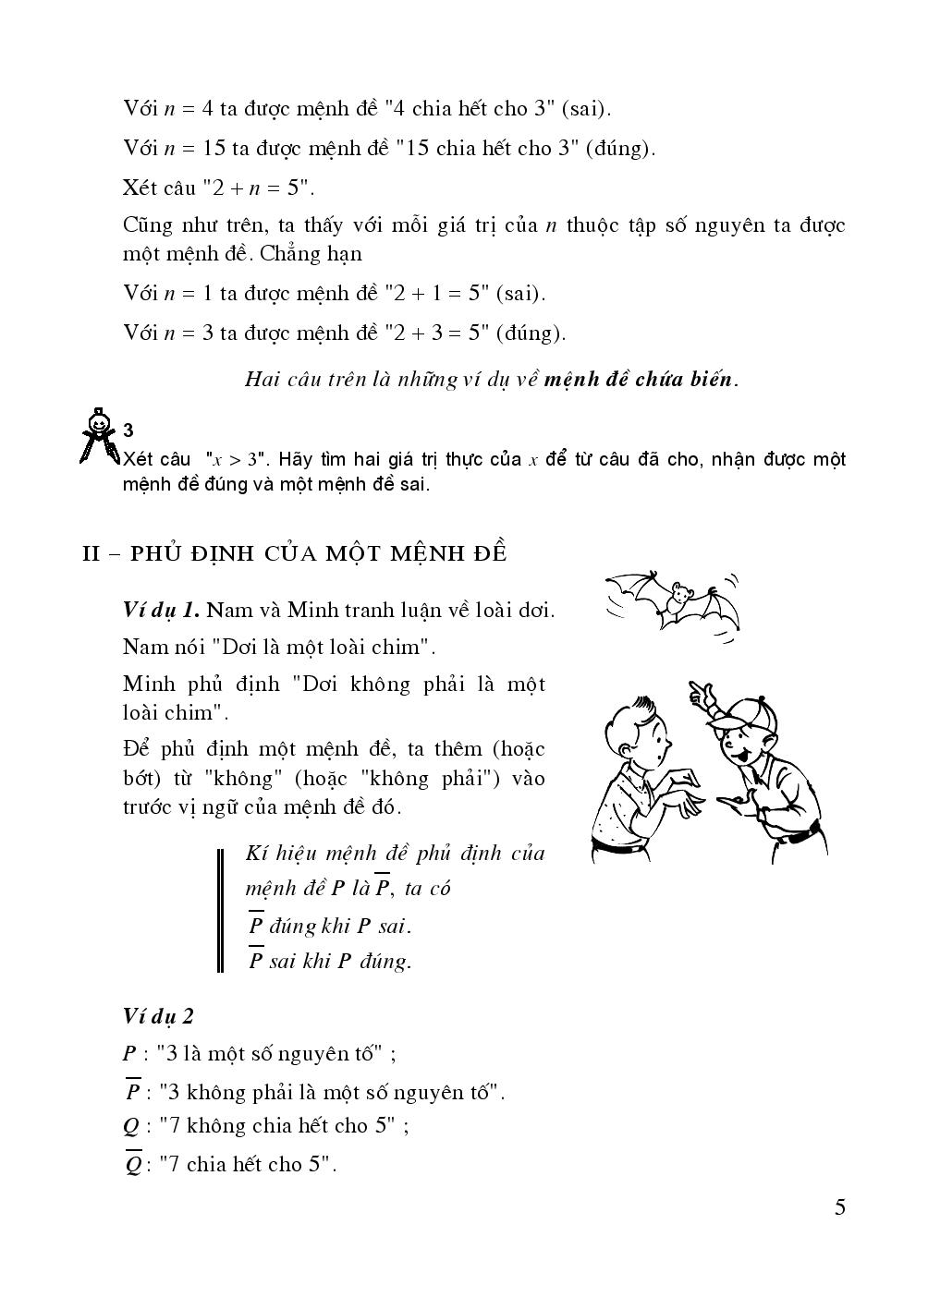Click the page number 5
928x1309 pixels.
tap(839, 1207)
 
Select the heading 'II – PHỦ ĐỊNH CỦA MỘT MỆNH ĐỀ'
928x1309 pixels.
tap(295, 553)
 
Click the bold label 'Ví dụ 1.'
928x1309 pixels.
tap(162, 610)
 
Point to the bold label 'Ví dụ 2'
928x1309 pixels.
tap(158, 1016)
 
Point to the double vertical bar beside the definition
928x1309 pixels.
tap(221, 910)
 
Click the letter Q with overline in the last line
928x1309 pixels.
tap(132, 1164)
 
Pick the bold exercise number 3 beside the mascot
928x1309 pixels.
tap(128, 430)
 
